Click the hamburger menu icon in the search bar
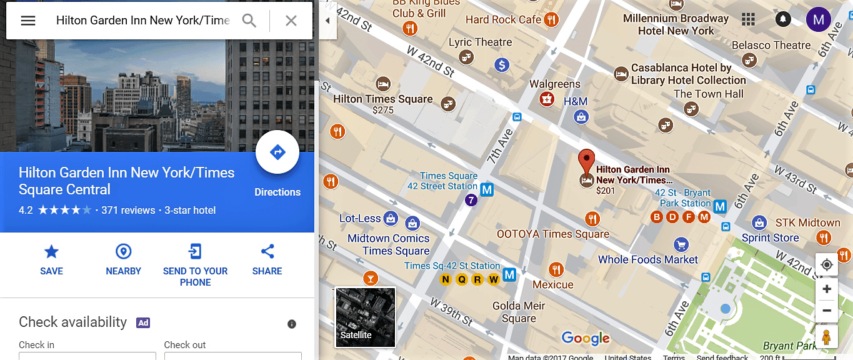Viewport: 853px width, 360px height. tap(28, 21)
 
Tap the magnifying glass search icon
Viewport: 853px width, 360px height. tap(249, 21)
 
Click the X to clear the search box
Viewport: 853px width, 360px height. tap(291, 21)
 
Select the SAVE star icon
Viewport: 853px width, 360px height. tap(51, 252)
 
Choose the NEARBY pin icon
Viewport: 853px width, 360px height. tap(124, 252)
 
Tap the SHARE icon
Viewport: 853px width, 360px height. tap(267, 252)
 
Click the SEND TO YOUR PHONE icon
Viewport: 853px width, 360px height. tap(195, 252)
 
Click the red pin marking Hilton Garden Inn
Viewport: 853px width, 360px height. tap(586, 161)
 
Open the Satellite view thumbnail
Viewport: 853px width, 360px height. tap(366, 317)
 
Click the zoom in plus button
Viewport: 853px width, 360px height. tap(827, 289)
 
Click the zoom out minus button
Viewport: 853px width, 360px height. tap(827, 310)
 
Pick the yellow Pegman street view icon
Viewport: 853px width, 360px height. tap(827, 336)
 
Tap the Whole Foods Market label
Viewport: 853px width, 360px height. tap(648, 259)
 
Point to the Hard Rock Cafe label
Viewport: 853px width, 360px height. tap(503, 20)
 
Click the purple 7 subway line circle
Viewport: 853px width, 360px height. tap(472, 201)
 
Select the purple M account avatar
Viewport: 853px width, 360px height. tap(818, 20)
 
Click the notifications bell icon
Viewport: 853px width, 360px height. tap(783, 20)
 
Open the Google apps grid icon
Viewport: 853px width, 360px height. tap(748, 20)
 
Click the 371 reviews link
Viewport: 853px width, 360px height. tap(128, 211)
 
